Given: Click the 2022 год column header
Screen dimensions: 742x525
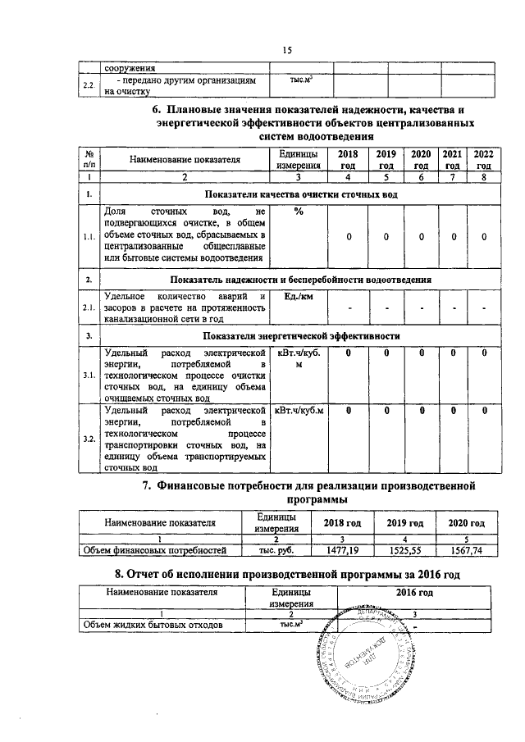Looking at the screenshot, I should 484,159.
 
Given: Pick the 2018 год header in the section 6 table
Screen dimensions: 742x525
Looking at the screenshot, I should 349,159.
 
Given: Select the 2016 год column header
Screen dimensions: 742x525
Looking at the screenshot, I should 414,592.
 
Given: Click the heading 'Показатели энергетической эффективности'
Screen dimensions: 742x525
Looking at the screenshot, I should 301,336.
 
